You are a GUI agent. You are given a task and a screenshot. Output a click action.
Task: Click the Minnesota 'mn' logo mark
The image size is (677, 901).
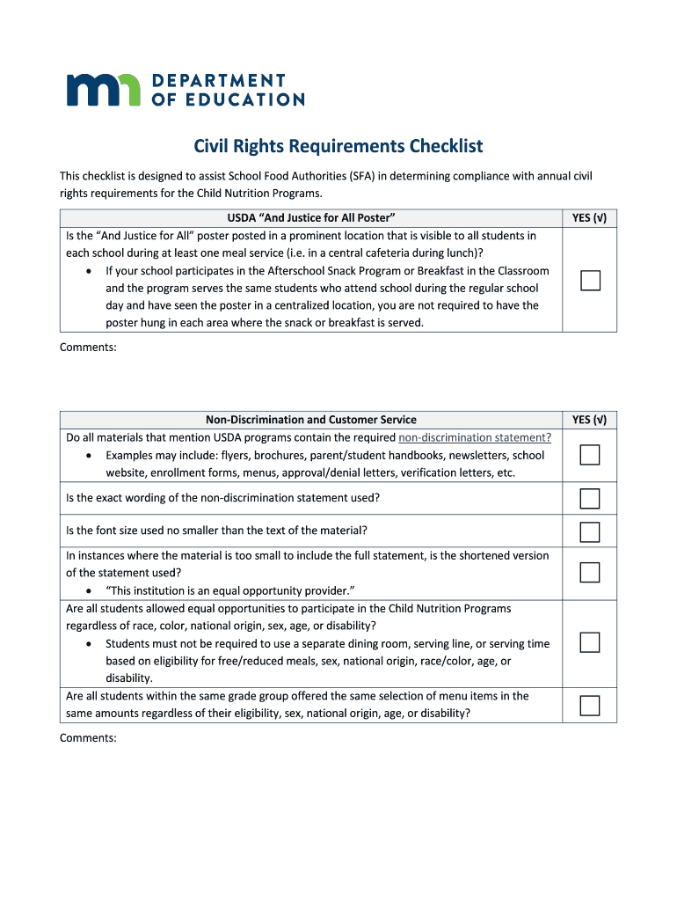(104, 89)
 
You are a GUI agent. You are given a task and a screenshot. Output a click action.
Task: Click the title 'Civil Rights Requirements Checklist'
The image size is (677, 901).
(338, 146)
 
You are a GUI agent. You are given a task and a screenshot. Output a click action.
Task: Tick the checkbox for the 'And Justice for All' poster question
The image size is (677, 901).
(590, 281)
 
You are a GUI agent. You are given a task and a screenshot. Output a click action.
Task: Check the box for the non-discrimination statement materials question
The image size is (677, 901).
(590, 455)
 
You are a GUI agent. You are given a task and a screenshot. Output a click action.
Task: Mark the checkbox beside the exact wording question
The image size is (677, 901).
(590, 499)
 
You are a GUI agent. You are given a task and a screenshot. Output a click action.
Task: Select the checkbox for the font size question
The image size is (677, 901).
(590, 531)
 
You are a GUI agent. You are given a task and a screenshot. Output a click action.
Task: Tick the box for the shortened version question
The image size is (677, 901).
(590, 573)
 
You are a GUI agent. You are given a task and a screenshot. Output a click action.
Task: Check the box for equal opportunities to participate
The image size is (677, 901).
(590, 643)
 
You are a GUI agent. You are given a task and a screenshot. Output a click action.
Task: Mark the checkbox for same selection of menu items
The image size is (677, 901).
(590, 706)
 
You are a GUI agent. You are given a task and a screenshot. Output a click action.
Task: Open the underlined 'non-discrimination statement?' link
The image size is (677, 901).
(475, 437)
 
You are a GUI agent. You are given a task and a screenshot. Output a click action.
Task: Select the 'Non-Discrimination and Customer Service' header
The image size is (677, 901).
(311, 420)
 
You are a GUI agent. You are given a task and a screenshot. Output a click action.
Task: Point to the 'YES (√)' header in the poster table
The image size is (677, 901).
(589, 217)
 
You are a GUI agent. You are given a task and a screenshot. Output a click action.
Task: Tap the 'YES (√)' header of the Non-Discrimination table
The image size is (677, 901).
(589, 420)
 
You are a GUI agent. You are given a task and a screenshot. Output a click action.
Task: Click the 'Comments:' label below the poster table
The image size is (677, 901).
(88, 348)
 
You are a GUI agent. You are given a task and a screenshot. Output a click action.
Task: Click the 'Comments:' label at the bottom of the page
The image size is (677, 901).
(88, 738)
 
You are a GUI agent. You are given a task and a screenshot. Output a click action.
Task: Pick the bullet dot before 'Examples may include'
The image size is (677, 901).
(90, 456)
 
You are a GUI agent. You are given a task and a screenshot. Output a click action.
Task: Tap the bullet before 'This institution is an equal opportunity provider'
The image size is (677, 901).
(90, 590)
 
